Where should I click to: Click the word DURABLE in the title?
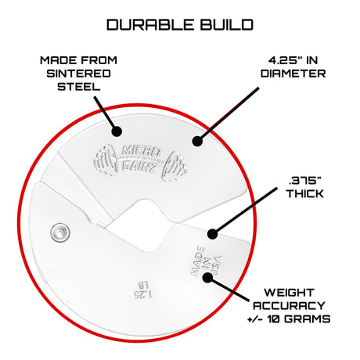[150, 25]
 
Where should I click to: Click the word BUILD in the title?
[227, 25]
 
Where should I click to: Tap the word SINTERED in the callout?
[78, 74]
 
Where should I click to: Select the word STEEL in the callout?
[79, 86]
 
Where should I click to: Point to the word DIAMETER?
[293, 74]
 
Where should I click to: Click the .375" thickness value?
[304, 181]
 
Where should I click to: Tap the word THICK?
[304, 193]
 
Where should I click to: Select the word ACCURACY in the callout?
[289, 305]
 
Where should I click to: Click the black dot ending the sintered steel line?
[117, 131]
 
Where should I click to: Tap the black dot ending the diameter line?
[197, 141]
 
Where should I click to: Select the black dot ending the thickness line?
[213, 234]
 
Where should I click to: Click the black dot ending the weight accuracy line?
[208, 277]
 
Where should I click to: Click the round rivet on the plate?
[60, 232]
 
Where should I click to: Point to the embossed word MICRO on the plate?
[141, 151]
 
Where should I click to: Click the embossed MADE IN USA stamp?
[207, 261]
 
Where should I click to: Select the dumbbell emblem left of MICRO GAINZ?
[107, 160]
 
